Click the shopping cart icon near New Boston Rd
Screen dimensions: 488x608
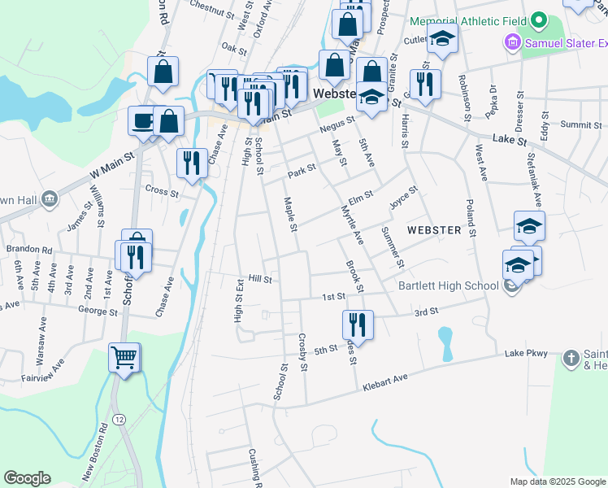(124, 357)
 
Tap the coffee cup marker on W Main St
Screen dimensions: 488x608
(144, 122)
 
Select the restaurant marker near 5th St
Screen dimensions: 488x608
(357, 325)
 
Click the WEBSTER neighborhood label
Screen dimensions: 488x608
(434, 230)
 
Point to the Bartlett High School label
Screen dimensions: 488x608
(448, 285)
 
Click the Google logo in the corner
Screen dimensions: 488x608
(27, 478)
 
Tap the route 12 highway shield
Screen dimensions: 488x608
(119, 419)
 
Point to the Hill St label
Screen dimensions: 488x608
(260, 278)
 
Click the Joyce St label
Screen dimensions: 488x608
(403, 197)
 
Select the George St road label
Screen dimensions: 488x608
(93, 310)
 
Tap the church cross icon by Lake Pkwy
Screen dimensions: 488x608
(571, 357)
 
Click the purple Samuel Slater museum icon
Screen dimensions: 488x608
(512, 41)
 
